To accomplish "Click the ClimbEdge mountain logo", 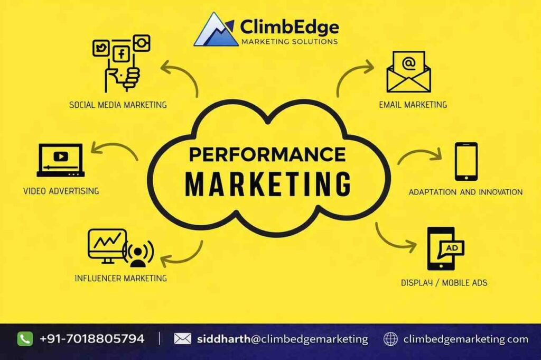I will tap(216, 30).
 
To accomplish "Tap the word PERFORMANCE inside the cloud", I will tap(267, 154).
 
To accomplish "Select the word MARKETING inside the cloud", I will tap(268, 183).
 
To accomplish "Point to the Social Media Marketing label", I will tap(118, 105).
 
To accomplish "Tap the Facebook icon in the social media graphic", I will tap(122, 53).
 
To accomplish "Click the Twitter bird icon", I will tap(100, 48).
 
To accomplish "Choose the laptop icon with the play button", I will tap(60, 160).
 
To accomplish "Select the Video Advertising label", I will tap(61, 190).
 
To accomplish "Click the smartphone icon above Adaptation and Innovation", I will tap(466, 162).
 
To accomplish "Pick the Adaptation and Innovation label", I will tap(465, 192).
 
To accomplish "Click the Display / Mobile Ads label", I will tap(444, 283).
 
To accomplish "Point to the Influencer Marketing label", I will tap(120, 278).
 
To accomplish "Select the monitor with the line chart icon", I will tap(108, 245).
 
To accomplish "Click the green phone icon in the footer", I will tap(25, 339).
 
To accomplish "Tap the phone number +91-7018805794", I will tap(91, 339).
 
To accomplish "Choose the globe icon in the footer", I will tap(390, 339).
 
